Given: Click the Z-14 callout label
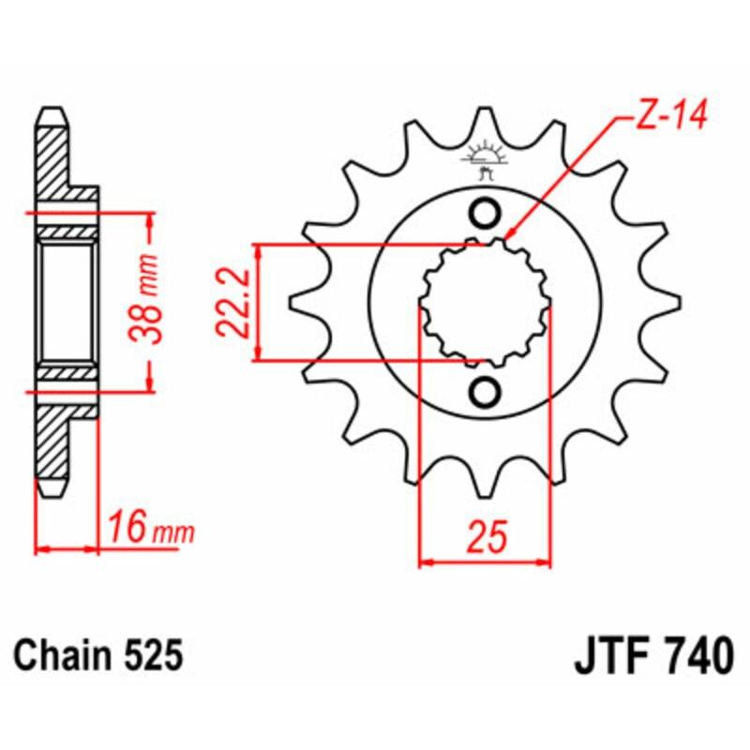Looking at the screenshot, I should (662, 117).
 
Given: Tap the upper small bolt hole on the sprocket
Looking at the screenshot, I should (485, 215).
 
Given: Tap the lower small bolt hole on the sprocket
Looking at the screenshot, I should (485, 391).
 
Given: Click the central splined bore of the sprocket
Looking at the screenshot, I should (485, 303).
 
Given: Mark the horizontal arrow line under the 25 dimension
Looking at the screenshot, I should (485, 563).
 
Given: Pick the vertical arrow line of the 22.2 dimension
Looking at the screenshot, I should (257, 302).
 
